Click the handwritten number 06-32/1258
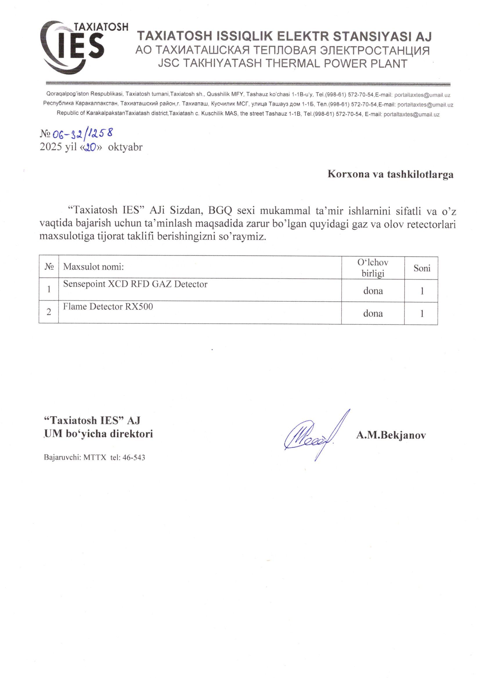[x=82, y=134]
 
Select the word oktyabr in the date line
[x=125, y=147]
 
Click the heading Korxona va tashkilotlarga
[x=390, y=174]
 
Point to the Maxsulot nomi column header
[x=93, y=267]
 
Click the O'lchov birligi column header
[x=373, y=268]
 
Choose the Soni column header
[x=422, y=268]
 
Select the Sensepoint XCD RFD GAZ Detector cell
[x=135, y=284]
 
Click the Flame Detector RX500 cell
[x=108, y=307]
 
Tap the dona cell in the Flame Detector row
[x=373, y=313]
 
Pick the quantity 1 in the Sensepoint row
[x=422, y=291]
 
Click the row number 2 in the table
[x=49, y=312]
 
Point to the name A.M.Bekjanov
[x=391, y=435]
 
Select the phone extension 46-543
[x=133, y=458]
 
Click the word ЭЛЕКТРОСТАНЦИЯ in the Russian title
[x=375, y=50]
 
